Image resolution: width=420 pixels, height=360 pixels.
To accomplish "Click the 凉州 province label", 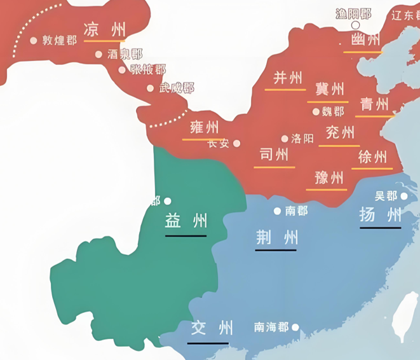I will point(104,29).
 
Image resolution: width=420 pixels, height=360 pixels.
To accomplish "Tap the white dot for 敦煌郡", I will point(33,40).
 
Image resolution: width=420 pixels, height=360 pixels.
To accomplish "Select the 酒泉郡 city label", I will point(125,55).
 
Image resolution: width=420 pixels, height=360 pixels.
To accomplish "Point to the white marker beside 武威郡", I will point(151,88).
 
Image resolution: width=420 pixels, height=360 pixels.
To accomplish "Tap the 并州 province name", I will point(288,78).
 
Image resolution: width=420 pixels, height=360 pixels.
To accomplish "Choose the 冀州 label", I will point(329,88).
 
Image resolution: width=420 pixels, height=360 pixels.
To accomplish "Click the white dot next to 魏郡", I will point(316,111).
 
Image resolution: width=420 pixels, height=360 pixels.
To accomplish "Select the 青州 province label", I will point(374,104).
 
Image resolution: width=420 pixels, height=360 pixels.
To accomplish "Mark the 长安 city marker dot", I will point(237,143).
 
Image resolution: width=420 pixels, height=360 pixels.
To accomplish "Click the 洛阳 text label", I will point(302,138).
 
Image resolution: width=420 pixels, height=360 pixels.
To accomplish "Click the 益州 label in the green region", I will point(186,221).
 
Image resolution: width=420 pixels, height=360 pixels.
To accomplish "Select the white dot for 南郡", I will point(277,211).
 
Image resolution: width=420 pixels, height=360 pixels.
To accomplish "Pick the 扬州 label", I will point(380,214).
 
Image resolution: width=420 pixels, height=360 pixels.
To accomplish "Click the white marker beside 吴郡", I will point(404,196).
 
